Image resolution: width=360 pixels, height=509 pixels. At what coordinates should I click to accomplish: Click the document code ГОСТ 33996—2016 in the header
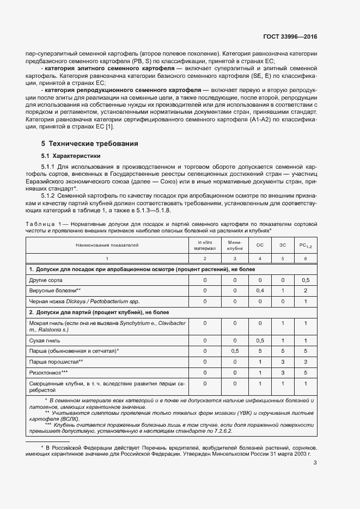(x=289, y=37)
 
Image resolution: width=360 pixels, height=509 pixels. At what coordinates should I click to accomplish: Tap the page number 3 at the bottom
(x=315, y=463)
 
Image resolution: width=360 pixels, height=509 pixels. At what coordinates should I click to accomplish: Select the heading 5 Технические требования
(x=89, y=144)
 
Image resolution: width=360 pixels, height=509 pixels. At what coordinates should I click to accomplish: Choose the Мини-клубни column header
(x=235, y=245)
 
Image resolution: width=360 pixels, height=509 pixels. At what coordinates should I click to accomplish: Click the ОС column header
(x=260, y=245)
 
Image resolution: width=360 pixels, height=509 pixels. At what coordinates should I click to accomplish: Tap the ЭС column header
(x=282, y=245)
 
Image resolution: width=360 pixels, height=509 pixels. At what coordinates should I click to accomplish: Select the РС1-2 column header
(x=306, y=245)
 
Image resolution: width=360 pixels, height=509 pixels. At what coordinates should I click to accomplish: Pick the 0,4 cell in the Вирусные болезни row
(x=260, y=291)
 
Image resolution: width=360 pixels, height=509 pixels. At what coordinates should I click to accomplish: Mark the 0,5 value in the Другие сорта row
(x=306, y=280)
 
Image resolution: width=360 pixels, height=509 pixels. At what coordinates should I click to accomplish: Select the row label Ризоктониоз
(x=48, y=372)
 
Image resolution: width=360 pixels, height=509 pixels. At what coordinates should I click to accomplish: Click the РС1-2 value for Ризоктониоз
(x=306, y=372)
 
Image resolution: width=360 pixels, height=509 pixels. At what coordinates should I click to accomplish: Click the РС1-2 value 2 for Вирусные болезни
(x=306, y=291)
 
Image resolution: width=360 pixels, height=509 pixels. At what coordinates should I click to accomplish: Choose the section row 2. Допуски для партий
(x=99, y=312)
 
